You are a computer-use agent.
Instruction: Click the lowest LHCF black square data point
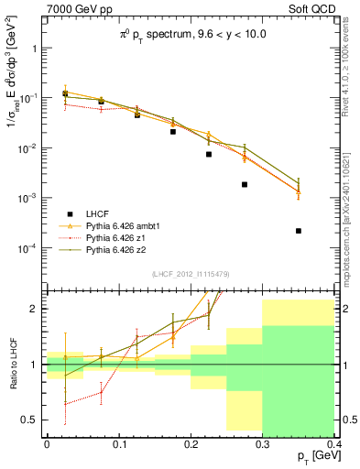tap(300, 231)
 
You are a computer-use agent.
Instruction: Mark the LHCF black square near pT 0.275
tap(245, 184)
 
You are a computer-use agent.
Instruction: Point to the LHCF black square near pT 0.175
tap(172, 131)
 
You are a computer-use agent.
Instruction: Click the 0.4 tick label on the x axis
tap(333, 443)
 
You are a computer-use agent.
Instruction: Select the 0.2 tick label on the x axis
tap(190, 443)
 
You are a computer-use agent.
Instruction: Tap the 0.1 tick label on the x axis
tap(118, 443)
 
